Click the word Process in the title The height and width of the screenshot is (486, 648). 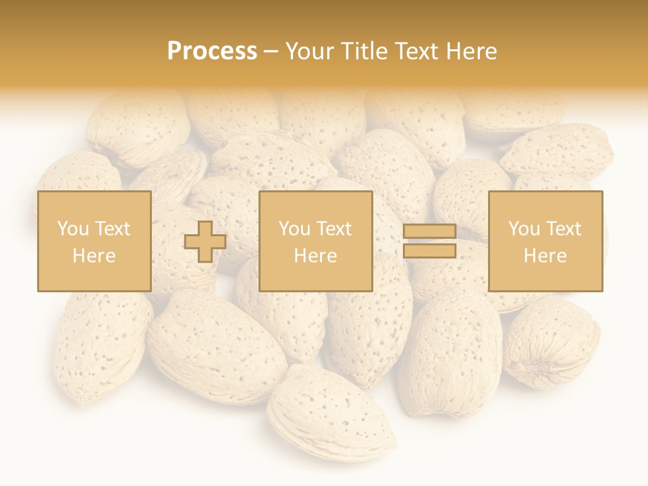coord(212,51)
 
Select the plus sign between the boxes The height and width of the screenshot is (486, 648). coord(205,242)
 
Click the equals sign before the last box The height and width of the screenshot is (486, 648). coord(429,242)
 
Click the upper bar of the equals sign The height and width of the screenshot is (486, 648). coord(429,232)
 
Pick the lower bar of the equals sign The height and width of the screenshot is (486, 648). coord(429,251)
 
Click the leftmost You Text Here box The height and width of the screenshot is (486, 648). coord(94,241)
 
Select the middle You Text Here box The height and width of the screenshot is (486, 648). coord(315,241)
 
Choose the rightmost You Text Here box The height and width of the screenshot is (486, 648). coord(545,241)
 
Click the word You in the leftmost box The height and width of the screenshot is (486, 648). coord(72,229)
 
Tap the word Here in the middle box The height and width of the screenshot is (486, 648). coord(315,256)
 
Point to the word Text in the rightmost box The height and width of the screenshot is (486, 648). coord(564,229)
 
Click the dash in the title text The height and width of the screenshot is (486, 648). coord(271,51)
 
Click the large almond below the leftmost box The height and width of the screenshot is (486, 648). coord(216,348)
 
